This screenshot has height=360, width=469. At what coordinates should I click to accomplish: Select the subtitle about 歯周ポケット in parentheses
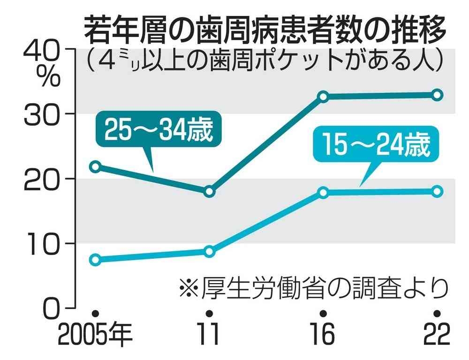click(265, 60)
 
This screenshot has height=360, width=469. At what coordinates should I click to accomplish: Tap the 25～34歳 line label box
click(158, 129)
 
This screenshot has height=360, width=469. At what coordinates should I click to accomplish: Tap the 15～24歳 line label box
click(376, 145)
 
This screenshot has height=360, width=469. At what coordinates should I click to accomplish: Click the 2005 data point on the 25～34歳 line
click(95, 166)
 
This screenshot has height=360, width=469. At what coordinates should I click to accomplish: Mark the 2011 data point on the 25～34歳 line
click(209, 191)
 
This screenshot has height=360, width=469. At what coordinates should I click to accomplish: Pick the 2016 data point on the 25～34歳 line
click(323, 97)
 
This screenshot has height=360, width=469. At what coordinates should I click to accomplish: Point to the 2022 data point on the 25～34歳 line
click(437, 95)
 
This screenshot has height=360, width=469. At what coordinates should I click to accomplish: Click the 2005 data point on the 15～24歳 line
click(95, 260)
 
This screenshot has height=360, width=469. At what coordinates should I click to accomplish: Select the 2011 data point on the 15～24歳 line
click(209, 251)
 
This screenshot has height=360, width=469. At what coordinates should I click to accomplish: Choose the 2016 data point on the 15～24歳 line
click(323, 192)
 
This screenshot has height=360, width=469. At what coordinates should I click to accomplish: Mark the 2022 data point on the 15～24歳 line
click(437, 191)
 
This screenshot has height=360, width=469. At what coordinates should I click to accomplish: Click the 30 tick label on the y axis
click(41, 116)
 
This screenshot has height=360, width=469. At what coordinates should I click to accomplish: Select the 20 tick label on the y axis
click(41, 181)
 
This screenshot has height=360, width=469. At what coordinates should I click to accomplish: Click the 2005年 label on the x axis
click(95, 334)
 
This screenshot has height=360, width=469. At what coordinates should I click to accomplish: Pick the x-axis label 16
click(323, 334)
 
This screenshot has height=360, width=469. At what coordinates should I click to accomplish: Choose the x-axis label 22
click(437, 334)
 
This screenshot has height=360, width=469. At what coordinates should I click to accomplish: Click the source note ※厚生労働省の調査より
click(314, 288)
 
